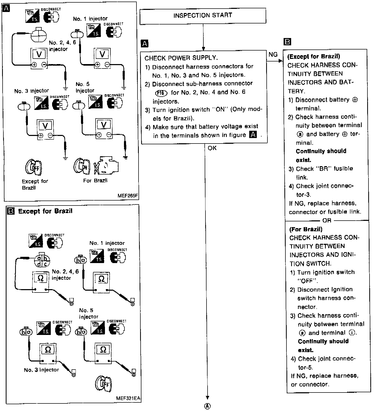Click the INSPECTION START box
click(203, 16)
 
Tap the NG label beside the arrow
click(273, 54)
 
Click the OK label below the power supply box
click(212, 148)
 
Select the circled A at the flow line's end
click(208, 406)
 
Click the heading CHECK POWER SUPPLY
click(181, 58)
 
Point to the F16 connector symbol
click(160, 93)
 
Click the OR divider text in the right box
click(327, 221)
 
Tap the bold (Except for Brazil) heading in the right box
click(314, 57)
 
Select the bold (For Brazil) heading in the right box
click(306, 229)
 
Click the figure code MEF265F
click(127, 196)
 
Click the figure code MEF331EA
click(128, 398)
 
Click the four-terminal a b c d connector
click(42, 261)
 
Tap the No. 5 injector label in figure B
click(89, 313)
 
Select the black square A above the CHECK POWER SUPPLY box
click(145, 43)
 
